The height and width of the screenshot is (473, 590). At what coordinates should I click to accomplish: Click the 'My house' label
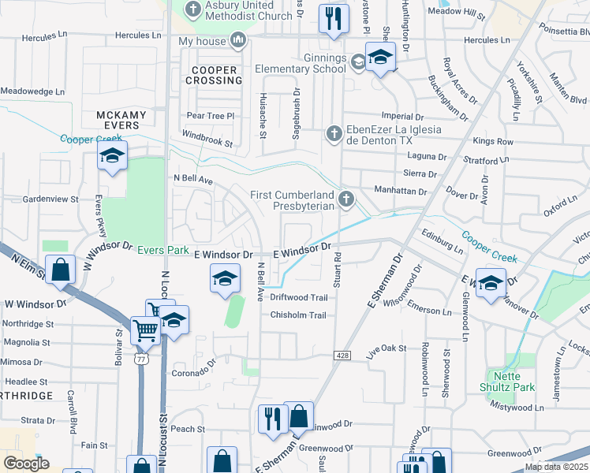[202, 41]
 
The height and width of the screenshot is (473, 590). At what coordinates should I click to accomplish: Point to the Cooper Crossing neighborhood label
[214, 75]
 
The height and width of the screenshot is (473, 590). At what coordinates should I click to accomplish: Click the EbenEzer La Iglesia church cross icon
[334, 133]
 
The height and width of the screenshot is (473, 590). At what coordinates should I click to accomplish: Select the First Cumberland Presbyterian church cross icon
[345, 199]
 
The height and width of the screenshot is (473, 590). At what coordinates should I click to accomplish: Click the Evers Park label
[163, 250]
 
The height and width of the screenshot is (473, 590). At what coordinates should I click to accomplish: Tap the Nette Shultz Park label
[507, 382]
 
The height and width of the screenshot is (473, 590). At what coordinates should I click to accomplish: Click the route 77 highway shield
[140, 359]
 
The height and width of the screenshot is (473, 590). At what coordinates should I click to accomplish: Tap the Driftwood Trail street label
[298, 297]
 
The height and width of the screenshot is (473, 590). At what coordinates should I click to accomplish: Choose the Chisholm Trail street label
[298, 315]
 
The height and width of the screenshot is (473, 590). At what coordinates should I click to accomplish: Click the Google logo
[26, 464]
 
